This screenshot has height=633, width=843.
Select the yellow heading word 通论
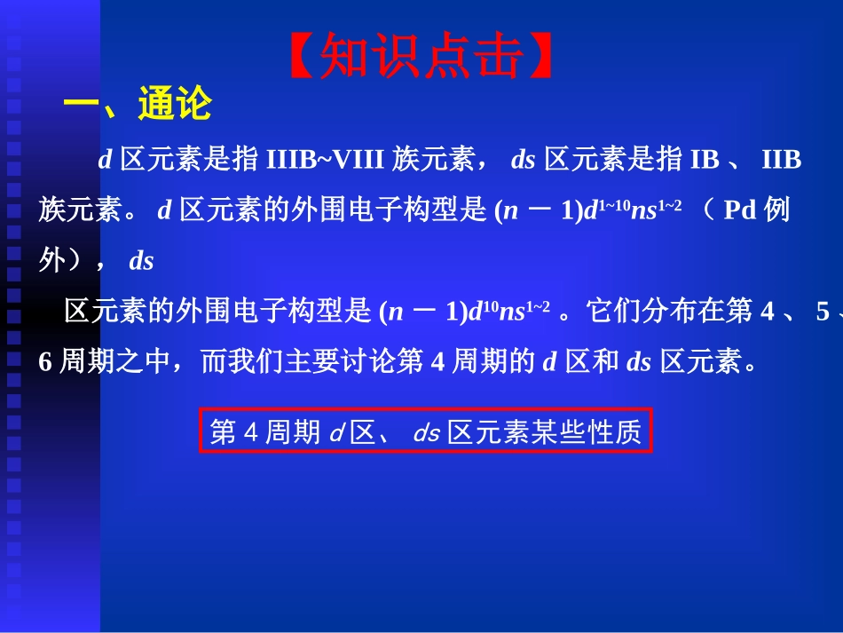[x=175, y=105]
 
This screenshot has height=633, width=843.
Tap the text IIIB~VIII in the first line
[x=325, y=160]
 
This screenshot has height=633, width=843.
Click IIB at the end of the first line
[x=781, y=160]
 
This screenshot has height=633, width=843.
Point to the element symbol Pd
[x=740, y=211]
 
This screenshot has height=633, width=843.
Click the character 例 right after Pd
[x=777, y=211]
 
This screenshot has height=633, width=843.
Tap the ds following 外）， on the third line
[x=141, y=262]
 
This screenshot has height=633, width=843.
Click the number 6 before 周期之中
[x=45, y=362]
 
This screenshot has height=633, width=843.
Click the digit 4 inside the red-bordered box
[x=249, y=432]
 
